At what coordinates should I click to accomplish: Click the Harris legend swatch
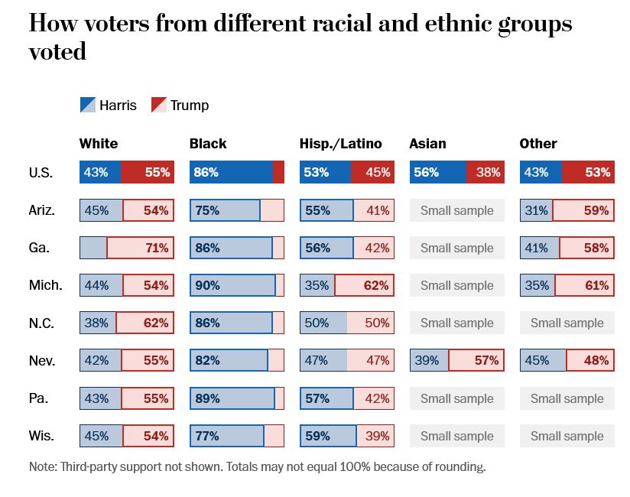point(88,105)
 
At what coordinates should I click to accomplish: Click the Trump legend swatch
point(158,105)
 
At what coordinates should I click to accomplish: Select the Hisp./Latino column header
point(340,144)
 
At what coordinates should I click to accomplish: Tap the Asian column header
point(427,144)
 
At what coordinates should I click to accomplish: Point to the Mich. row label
point(45,286)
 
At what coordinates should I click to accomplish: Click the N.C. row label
point(41,323)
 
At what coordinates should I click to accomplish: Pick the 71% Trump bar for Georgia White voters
point(140,248)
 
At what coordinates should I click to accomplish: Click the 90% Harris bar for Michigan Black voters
point(232,286)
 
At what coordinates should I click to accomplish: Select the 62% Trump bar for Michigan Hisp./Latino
point(364,286)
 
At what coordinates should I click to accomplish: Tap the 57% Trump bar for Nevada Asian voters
point(476,360)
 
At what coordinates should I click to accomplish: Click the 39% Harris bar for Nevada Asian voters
point(429,360)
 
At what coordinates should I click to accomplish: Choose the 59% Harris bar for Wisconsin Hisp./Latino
point(328,436)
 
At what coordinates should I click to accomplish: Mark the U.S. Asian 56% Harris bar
point(437,173)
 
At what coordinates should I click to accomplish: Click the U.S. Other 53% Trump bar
point(587,173)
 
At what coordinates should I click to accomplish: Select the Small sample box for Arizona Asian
point(457,210)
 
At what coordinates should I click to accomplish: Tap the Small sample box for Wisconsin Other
point(567,436)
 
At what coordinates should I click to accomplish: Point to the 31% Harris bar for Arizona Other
point(536,210)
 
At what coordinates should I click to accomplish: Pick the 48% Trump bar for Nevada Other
point(589,360)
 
